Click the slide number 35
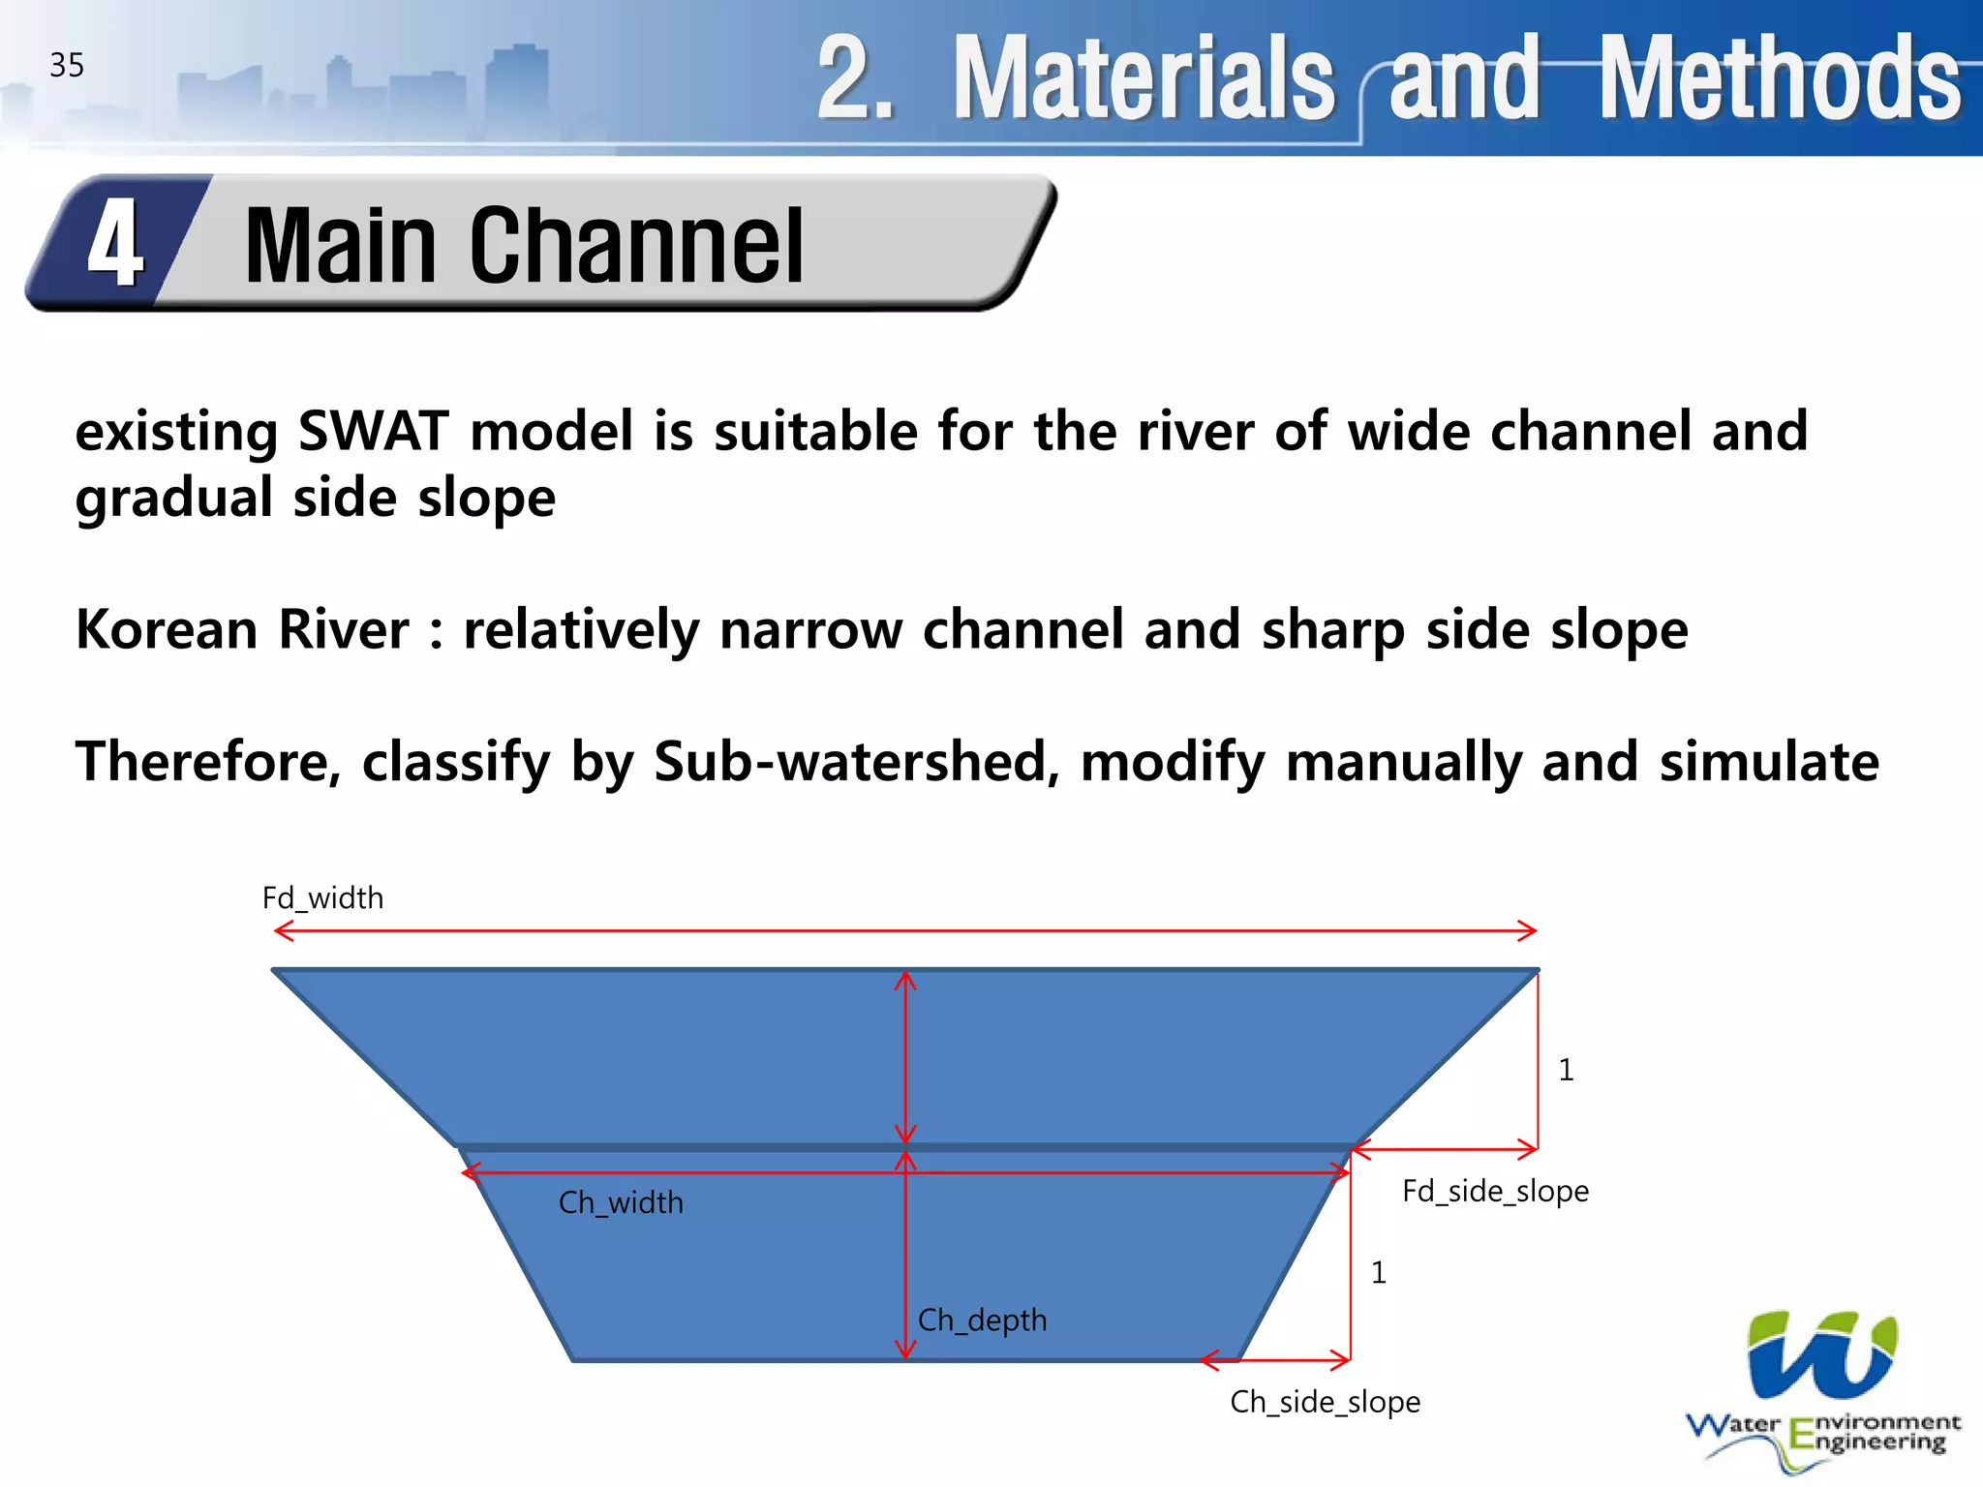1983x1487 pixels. (67, 66)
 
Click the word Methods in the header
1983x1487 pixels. (1779, 78)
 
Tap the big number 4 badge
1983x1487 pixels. (115, 244)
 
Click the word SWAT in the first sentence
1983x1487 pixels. (373, 431)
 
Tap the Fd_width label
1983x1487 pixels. (322, 898)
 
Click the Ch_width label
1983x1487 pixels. (621, 1202)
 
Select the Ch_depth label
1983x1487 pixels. (982, 1320)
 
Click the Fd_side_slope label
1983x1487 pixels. (1495, 1191)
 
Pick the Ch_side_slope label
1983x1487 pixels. (1325, 1402)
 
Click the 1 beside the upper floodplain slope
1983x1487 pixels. (1566, 1070)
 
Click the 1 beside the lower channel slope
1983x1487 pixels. (1379, 1272)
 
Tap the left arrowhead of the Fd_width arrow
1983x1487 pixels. (282, 931)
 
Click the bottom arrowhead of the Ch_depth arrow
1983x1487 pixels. (905, 1350)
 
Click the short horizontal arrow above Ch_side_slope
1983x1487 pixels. (1275, 1360)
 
